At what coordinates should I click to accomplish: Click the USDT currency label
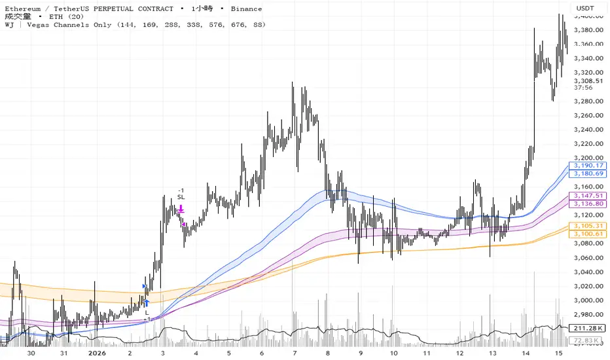(x=585, y=9)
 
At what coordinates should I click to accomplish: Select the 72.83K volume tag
(x=585, y=341)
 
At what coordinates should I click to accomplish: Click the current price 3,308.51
(x=585, y=81)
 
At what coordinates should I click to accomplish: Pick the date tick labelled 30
(x=31, y=353)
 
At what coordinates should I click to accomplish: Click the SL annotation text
(x=181, y=197)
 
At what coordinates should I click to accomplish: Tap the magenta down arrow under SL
(x=181, y=209)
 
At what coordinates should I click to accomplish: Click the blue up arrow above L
(x=147, y=303)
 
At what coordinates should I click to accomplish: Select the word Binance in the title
(x=247, y=9)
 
